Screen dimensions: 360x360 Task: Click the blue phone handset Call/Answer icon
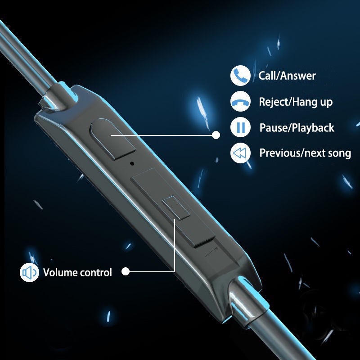point(240,76)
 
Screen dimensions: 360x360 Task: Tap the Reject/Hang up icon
point(240,102)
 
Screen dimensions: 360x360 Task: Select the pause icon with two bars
point(240,127)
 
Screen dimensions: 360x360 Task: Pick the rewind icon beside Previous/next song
point(240,153)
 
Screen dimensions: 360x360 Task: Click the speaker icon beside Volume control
point(29,273)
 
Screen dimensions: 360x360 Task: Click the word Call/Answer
point(287,76)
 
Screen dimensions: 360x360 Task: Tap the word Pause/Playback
point(297,128)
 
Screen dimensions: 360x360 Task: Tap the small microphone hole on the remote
point(132,163)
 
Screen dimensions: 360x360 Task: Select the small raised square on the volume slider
point(176,207)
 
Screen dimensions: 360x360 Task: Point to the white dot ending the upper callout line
point(216,135)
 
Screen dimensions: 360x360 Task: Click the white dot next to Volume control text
point(126,271)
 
